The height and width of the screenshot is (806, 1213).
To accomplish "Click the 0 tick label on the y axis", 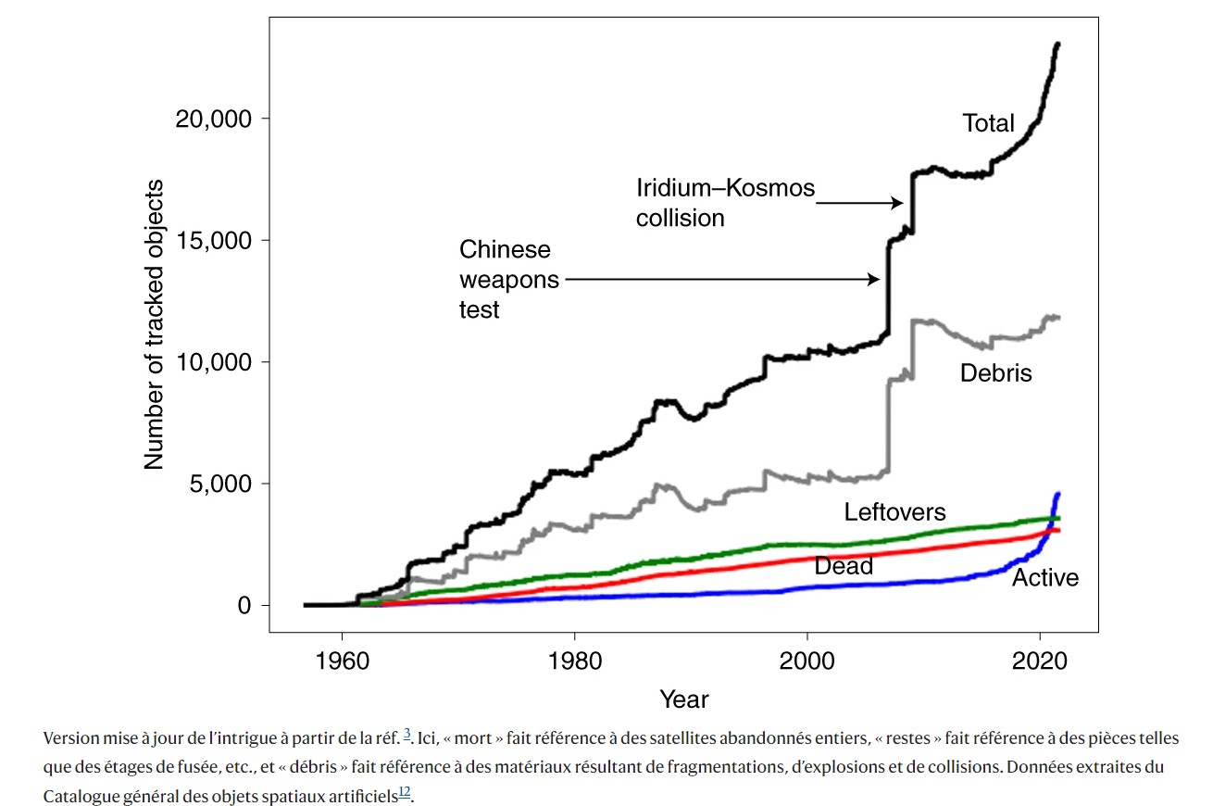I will point(244,605).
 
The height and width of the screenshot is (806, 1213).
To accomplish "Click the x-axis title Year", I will point(683,699).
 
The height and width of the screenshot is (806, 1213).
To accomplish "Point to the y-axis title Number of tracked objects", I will point(154,323).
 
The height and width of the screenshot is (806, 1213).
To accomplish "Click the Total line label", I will point(988,123).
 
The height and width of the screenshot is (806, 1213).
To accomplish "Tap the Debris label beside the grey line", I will point(995,373).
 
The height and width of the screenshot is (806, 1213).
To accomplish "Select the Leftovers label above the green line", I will point(894,512).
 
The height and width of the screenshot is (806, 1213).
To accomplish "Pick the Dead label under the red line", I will point(844,566).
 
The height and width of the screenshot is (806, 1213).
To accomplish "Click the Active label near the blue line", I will point(1045,578).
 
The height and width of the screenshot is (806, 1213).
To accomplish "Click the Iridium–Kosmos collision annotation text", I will point(724,203).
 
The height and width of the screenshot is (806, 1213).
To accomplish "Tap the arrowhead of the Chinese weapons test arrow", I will point(875,279).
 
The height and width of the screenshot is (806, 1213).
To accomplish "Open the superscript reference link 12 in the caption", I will point(404,791).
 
